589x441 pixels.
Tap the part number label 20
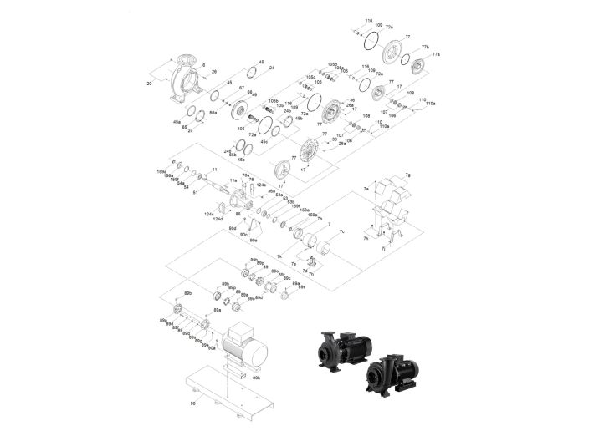click(150, 84)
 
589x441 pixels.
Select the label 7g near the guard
click(408, 175)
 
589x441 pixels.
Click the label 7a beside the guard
click(366, 190)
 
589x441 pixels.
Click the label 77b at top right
click(424, 47)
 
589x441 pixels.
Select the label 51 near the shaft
click(196, 193)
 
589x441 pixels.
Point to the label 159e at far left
click(161, 171)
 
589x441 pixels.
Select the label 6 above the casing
click(203, 64)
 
